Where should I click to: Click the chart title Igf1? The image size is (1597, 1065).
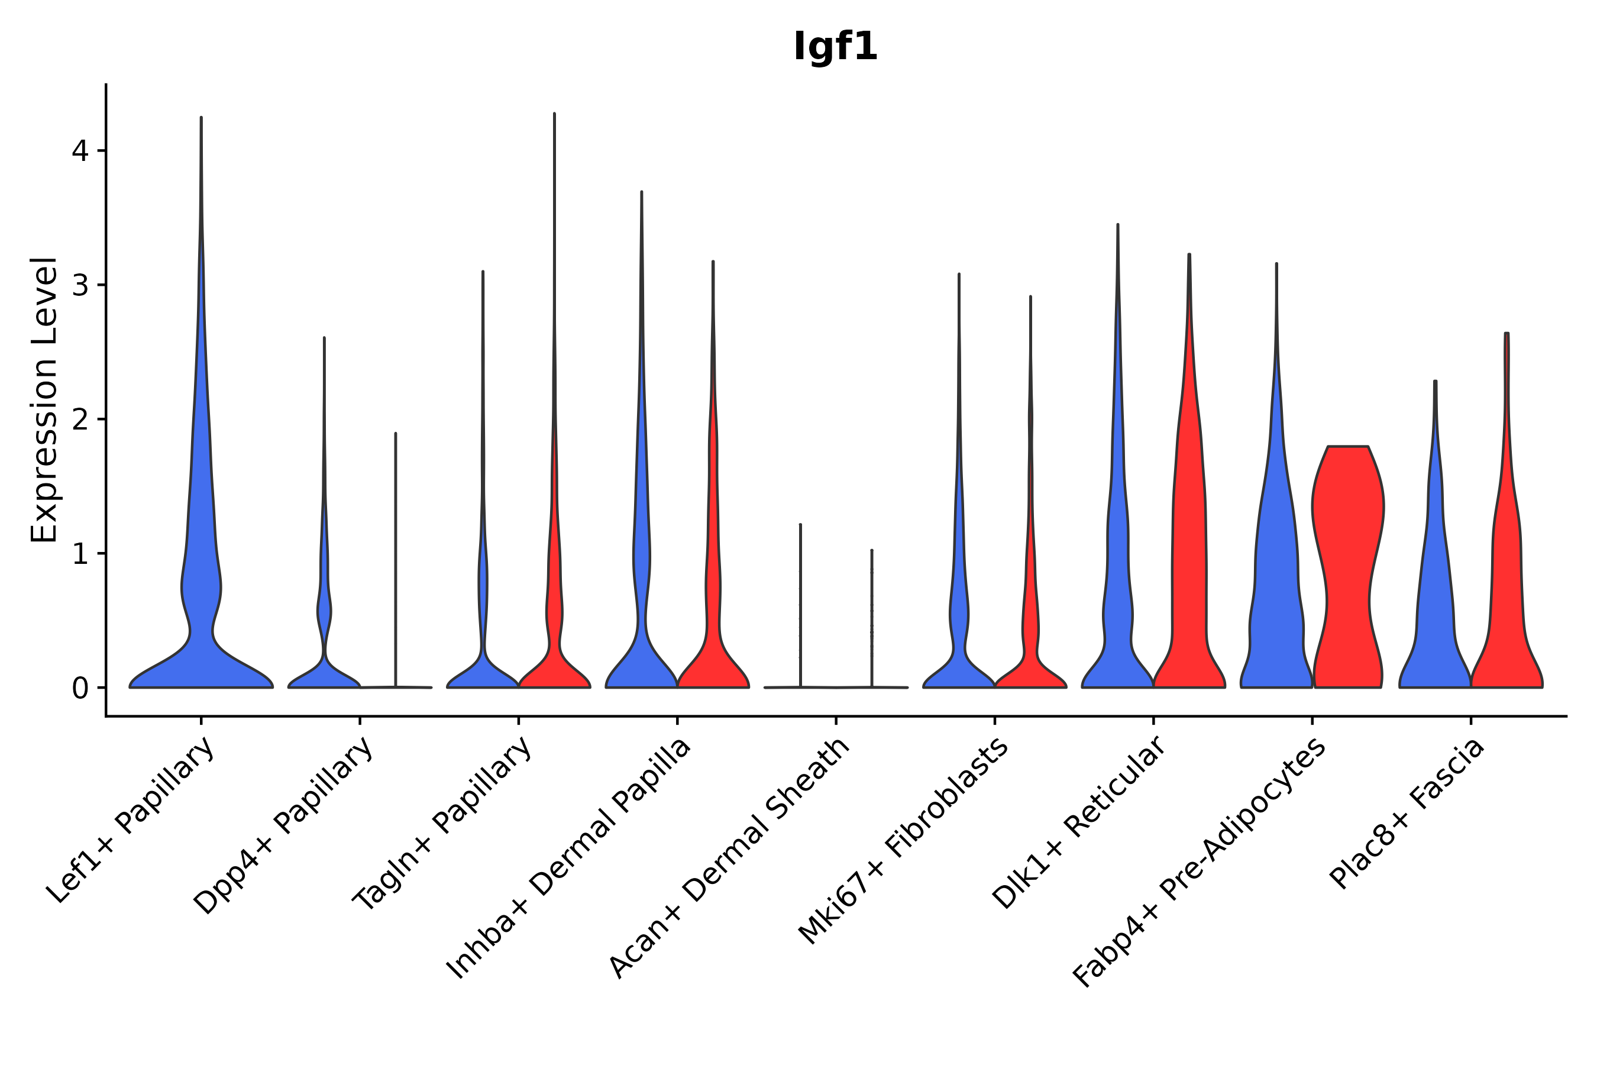pos(835,47)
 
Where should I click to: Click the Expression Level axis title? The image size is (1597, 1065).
pos(44,400)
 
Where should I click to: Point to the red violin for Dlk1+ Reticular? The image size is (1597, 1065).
pos(1189,543)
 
